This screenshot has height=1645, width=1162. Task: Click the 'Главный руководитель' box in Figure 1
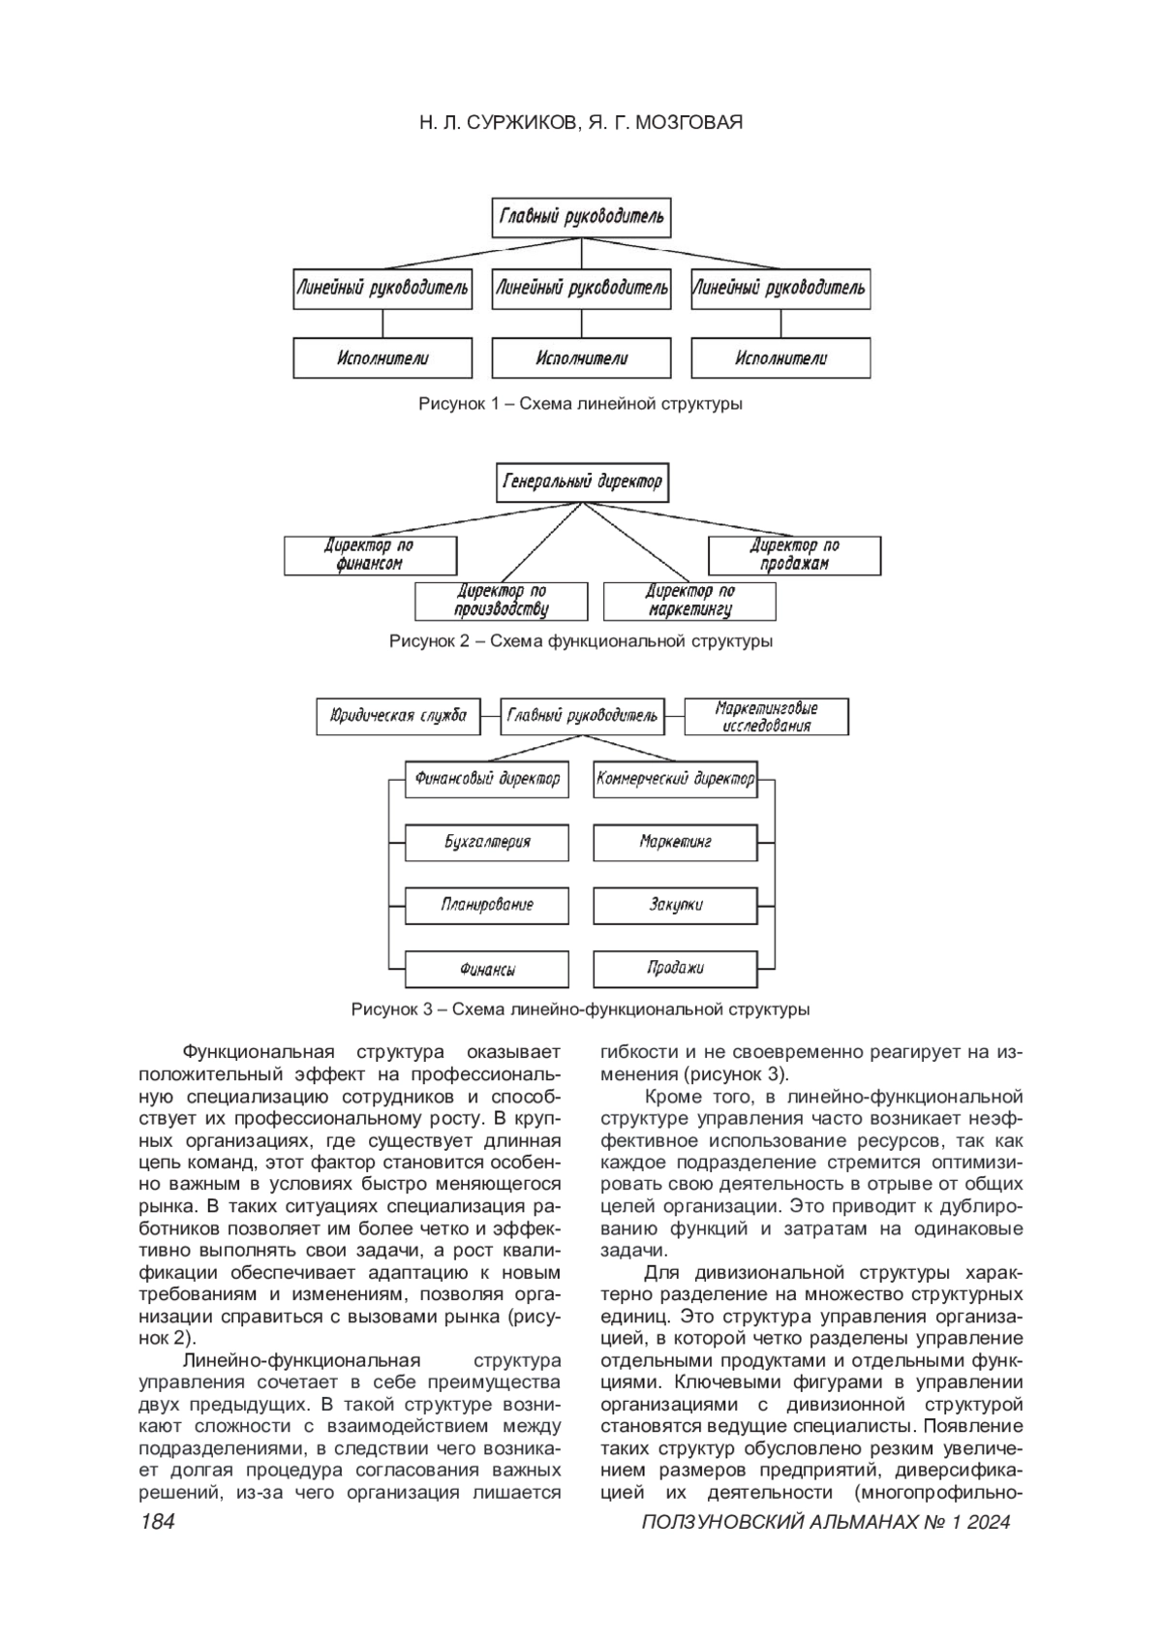coord(581,217)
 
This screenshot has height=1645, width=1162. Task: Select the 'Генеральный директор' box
coord(582,481)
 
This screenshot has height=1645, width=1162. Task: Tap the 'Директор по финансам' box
coord(370,555)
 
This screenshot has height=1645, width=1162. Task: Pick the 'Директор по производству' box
coord(502,601)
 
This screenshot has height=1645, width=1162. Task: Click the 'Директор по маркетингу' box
coord(689,601)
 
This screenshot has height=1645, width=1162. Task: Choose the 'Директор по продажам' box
coord(795,555)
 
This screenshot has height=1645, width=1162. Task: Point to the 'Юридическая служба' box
coord(398,716)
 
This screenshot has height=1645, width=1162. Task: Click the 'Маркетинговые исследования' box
coord(766,717)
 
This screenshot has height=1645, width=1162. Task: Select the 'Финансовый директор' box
coord(487,778)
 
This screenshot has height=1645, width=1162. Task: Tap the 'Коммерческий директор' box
coord(675,778)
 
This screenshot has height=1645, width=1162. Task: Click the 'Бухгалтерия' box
coord(487,841)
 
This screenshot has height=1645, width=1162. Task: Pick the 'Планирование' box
coord(487,905)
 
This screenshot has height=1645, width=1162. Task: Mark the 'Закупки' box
coord(675,905)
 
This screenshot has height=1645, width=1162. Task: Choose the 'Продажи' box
coord(675,968)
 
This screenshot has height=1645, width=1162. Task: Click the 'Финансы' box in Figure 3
coord(487,969)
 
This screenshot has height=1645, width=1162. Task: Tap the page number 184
coord(157,1522)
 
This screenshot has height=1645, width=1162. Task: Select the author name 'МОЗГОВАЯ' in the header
coord(688,123)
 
